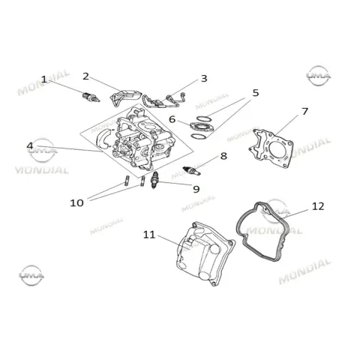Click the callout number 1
pyautogui.click(x=44, y=79)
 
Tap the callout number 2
pyautogui.click(x=85, y=76)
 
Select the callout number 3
pyautogui.click(x=204, y=79)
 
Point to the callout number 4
pyautogui.click(x=30, y=145)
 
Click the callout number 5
pyautogui.click(x=256, y=93)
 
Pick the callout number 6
pyautogui.click(x=172, y=119)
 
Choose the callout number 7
pyautogui.click(x=304, y=112)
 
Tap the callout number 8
pyautogui.click(x=223, y=156)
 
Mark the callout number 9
pyautogui.click(x=196, y=189)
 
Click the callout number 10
pyautogui.click(x=76, y=202)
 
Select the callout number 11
pyautogui.click(x=149, y=235)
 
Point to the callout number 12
pyautogui.click(x=318, y=206)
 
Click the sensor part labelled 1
pyautogui.click(x=91, y=97)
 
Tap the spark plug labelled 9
pyautogui.click(x=154, y=180)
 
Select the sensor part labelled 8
pyautogui.click(x=192, y=170)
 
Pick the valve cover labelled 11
pyautogui.click(x=205, y=253)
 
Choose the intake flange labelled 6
pyautogui.click(x=202, y=127)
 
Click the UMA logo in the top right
pyautogui.click(x=319, y=76)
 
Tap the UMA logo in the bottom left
pyautogui.click(x=31, y=275)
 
